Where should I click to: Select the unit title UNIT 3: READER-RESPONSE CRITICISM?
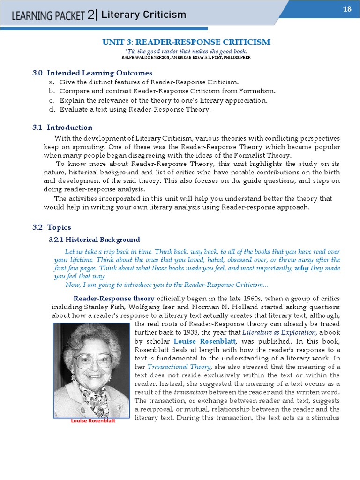186,42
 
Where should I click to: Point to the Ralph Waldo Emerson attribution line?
186,57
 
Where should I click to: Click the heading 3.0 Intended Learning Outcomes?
92,73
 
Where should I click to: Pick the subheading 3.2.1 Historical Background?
94,240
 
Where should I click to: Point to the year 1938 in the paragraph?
197,332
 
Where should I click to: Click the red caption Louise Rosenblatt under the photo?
92,421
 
